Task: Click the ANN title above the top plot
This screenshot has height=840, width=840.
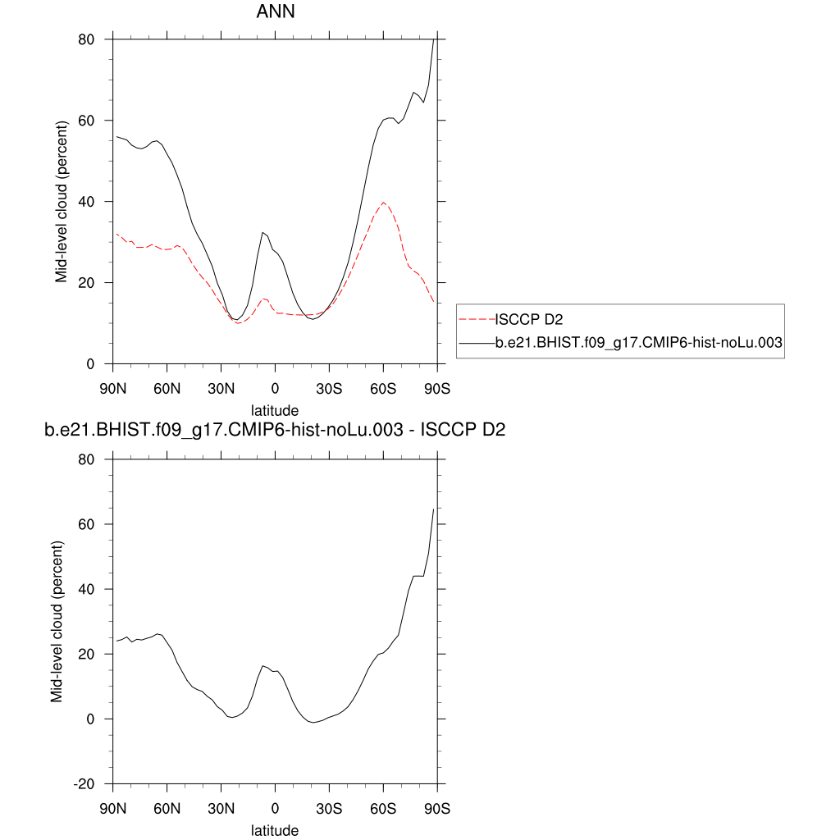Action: click(x=276, y=11)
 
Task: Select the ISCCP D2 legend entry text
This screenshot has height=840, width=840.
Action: click(x=528, y=319)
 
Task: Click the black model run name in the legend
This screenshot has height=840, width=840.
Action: click(x=640, y=346)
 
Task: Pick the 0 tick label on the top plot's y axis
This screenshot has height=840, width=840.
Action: click(x=90, y=364)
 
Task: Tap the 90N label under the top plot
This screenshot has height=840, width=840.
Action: click(x=112, y=387)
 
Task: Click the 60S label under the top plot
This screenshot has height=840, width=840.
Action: click(x=383, y=387)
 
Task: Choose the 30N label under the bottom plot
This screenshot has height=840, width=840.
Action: click(x=221, y=808)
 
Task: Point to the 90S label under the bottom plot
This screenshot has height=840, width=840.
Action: click(x=437, y=808)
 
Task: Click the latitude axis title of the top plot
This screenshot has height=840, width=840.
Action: click(x=275, y=409)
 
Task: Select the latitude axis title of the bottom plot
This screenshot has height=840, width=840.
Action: click(x=275, y=830)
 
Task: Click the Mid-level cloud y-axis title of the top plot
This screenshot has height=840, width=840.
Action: click(x=62, y=202)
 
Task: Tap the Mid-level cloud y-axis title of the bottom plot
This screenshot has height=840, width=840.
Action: click(x=57, y=622)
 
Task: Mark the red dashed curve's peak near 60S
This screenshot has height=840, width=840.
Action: click(x=383, y=203)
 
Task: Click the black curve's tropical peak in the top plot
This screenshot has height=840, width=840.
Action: click(x=262, y=233)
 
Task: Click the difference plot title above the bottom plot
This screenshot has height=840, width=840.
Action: click(x=275, y=431)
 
